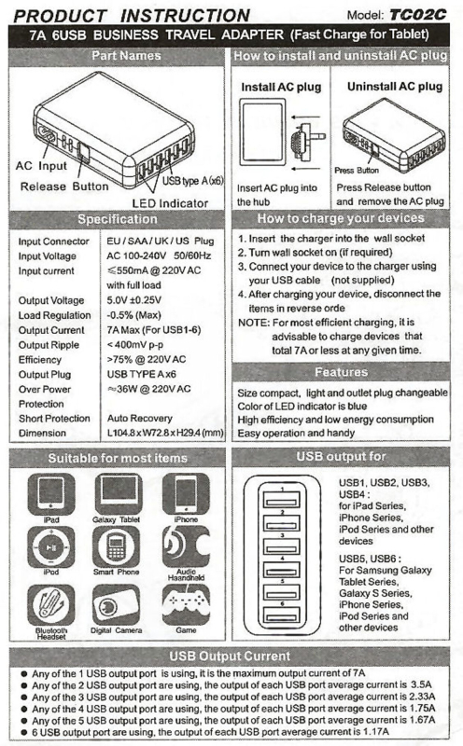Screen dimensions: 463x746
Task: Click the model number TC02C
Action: pos(418,15)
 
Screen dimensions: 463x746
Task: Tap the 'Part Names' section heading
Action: pos(126,56)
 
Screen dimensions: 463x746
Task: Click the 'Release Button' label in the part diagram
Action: pos(64,186)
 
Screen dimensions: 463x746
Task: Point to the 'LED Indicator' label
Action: pos(170,203)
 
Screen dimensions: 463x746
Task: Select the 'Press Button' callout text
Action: pos(357,170)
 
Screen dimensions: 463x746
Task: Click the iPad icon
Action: pos(51,494)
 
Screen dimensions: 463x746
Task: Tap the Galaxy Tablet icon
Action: pos(117,494)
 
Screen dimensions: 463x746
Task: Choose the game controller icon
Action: pos(187,604)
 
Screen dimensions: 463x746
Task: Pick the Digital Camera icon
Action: pos(117,604)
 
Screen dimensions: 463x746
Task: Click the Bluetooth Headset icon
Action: pos(51,604)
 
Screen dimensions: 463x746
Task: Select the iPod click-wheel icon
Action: pos(51,546)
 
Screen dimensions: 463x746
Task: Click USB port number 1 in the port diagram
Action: pos(282,500)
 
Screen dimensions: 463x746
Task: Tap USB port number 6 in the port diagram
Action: pos(282,615)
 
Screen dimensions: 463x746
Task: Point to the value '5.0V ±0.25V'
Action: pos(133,300)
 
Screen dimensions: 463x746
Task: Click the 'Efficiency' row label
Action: pos(40,360)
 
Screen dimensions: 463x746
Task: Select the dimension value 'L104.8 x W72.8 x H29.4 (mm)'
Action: pos(165,433)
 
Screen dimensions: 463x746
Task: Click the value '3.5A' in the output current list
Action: pos(421,684)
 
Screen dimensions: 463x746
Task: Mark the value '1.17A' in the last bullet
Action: pos(376,731)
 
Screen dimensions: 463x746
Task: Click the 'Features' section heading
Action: pos(341,371)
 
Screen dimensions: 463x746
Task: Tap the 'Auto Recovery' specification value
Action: pos(140,418)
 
